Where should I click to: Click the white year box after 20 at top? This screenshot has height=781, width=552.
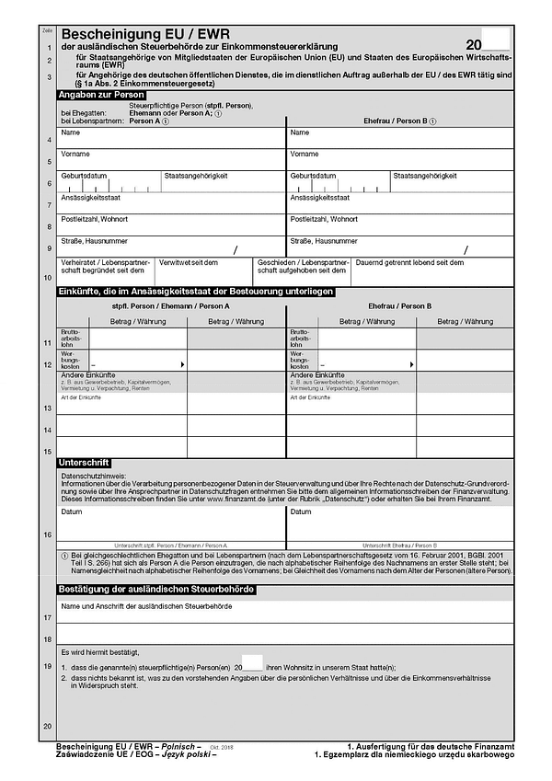495,40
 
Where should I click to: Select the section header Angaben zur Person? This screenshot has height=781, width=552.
101,95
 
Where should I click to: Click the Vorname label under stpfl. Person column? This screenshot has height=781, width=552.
75,154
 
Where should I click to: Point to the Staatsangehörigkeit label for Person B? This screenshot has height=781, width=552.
425,176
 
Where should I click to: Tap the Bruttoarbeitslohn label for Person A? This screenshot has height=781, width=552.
72,338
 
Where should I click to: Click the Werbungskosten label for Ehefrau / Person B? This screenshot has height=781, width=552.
302,360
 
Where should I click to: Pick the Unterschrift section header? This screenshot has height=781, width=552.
84,462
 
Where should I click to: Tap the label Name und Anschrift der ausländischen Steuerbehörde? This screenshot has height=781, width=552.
146,606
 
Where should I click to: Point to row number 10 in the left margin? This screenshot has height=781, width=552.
47,277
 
